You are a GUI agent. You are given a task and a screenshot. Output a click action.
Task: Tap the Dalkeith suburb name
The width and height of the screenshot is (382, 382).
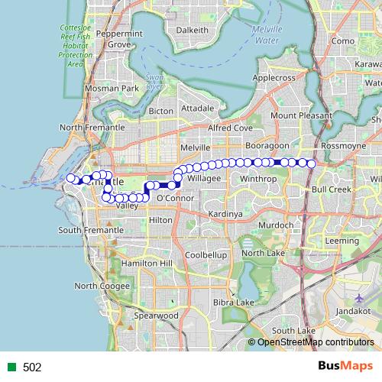[192, 30]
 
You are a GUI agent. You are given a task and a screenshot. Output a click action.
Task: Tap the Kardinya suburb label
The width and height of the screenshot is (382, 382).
[225, 214]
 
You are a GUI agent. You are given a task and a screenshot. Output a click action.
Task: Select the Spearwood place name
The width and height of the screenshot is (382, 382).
[156, 315]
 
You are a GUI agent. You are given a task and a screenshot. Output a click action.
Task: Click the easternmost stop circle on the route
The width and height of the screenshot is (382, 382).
[311, 163]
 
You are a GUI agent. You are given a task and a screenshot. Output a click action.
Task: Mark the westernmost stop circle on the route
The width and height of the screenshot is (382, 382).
[70, 178]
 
